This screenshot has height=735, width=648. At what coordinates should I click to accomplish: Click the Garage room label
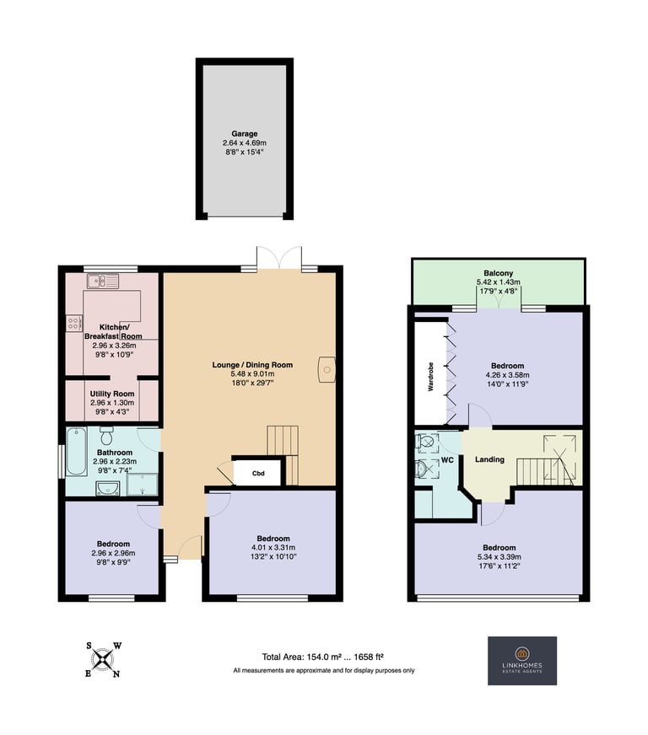(245, 133)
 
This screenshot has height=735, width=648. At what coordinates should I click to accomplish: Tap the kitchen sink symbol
(103, 282)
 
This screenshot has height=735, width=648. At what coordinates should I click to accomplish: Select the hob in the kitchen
(73, 323)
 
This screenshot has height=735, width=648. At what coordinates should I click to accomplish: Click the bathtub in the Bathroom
(76, 451)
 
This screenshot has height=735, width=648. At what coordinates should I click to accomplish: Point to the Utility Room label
(112, 394)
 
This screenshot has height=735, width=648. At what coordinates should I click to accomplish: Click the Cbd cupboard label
(258, 474)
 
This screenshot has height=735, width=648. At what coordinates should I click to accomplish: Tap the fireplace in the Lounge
(327, 370)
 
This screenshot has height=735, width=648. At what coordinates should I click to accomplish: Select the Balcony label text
(499, 273)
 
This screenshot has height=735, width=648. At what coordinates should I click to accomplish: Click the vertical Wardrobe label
(431, 377)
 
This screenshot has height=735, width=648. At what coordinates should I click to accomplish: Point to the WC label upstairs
(447, 460)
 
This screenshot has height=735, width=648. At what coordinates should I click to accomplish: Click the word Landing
(489, 459)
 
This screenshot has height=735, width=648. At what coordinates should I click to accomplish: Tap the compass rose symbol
(103, 660)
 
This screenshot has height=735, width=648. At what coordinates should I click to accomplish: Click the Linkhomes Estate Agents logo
(522, 661)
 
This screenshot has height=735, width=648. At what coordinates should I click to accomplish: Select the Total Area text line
(323, 657)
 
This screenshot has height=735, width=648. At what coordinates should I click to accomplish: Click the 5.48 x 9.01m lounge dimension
(252, 373)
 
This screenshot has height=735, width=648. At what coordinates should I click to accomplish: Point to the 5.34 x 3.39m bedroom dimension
(499, 557)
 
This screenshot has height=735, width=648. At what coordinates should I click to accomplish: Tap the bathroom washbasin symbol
(107, 488)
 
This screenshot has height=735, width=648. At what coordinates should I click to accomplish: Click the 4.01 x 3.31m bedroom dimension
(273, 548)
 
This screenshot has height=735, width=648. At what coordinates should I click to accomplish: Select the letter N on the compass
(116, 674)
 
